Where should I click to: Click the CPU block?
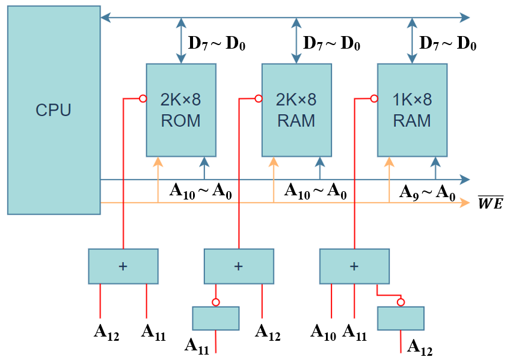point(54,110)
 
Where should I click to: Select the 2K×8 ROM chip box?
point(180,110)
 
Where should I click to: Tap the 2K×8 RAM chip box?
point(296,110)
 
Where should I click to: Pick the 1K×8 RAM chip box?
point(412,110)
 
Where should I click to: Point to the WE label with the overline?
point(490,203)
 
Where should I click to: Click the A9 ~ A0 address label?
point(427,192)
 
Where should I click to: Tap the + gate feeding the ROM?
point(123,266)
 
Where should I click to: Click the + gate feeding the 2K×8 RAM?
point(239,266)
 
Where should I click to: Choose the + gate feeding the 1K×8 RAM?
point(354,266)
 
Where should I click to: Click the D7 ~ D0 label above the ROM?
point(217,44)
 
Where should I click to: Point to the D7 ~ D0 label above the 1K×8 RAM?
point(447,44)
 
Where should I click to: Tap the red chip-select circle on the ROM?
point(143,99)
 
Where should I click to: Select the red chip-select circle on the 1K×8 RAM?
point(374,99)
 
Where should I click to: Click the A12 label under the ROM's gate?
point(106,332)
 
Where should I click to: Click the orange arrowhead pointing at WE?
point(464,203)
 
